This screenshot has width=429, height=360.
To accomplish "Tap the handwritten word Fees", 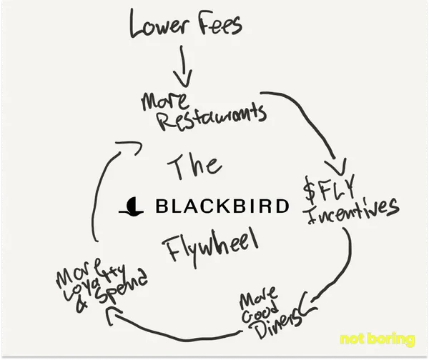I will point(217,26).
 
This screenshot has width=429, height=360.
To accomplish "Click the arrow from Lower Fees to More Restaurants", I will point(184,70).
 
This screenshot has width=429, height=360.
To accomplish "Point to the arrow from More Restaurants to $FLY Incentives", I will point(315,121).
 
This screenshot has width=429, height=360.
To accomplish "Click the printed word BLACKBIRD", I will point(222,207).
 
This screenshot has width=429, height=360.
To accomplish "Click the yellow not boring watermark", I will point(377,339).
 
